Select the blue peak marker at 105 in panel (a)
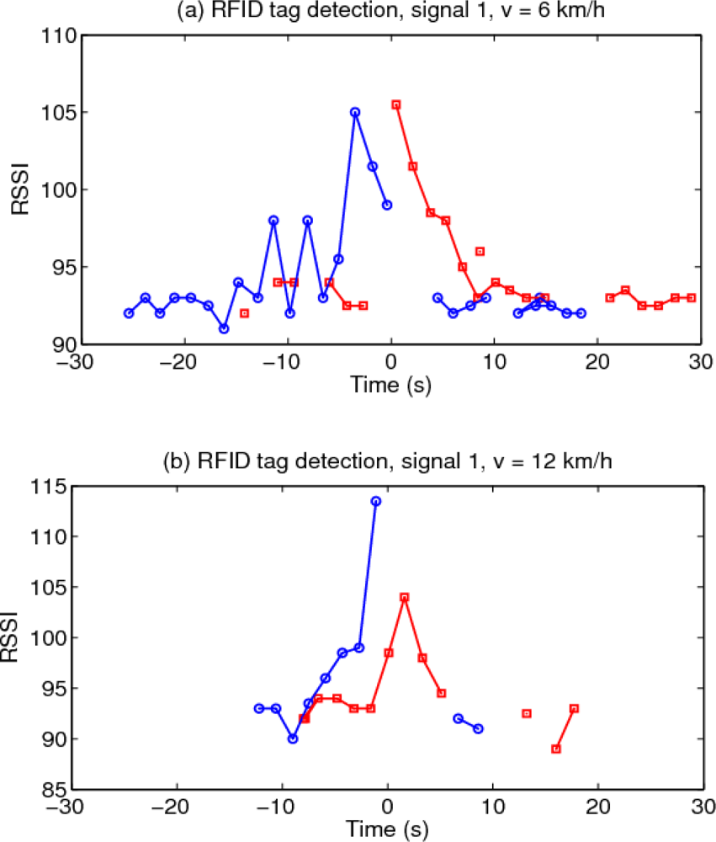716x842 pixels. click(355, 112)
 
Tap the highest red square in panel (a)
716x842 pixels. click(396, 104)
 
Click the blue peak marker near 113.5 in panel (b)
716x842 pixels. click(376, 501)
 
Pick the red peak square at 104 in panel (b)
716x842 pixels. click(405, 597)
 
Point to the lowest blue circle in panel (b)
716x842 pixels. click(293, 738)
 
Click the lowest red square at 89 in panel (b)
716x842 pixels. click(556, 749)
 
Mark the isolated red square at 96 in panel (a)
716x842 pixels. click(480, 251)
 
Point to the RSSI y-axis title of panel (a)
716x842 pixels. click(20, 190)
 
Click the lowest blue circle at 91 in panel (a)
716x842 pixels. click(224, 328)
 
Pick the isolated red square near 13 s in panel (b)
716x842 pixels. click(527, 713)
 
